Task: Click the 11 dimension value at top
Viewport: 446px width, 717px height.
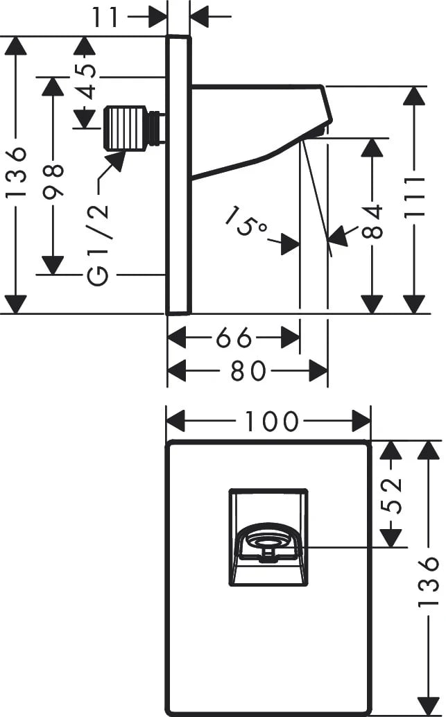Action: pyautogui.click(x=107, y=17)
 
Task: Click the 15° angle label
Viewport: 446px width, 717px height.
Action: pyautogui.click(x=246, y=221)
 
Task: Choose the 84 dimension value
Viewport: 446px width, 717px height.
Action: pyautogui.click(x=373, y=221)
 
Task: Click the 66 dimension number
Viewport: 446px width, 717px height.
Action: pyautogui.click(x=234, y=338)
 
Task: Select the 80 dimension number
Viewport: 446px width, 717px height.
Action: pyautogui.click(x=248, y=371)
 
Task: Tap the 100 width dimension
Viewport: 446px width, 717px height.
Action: pyautogui.click(x=271, y=421)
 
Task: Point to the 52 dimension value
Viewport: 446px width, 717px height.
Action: pyautogui.click(x=393, y=494)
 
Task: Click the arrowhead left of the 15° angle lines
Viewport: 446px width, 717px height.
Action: pyautogui.click(x=291, y=243)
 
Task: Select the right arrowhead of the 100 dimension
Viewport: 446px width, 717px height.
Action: pyautogui.click(x=361, y=421)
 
